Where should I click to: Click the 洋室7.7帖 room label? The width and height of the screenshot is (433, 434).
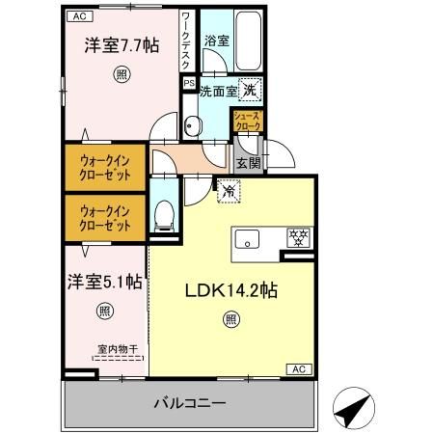click(x=121, y=45)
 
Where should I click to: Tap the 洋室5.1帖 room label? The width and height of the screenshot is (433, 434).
click(x=104, y=283)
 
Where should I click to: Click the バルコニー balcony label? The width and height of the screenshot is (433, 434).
click(x=188, y=402)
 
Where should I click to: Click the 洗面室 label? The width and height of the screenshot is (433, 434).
click(x=217, y=92)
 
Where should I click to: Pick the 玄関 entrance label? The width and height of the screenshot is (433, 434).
click(x=247, y=165)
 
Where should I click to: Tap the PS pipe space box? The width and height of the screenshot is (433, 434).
click(x=190, y=83)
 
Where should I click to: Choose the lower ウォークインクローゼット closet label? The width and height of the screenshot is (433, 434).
click(x=105, y=217)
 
